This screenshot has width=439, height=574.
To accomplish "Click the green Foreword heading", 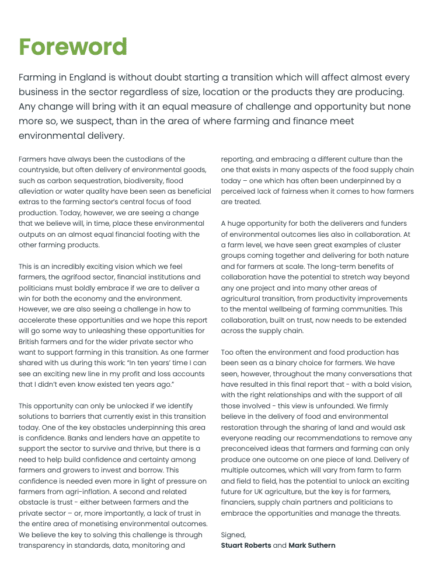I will point(73,47).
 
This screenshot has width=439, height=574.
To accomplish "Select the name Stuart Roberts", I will point(246,545).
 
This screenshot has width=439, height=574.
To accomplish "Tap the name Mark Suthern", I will point(312,545).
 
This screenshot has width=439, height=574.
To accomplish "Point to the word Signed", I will point(234,534).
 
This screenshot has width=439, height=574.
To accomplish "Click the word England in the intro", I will point(89,78).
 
